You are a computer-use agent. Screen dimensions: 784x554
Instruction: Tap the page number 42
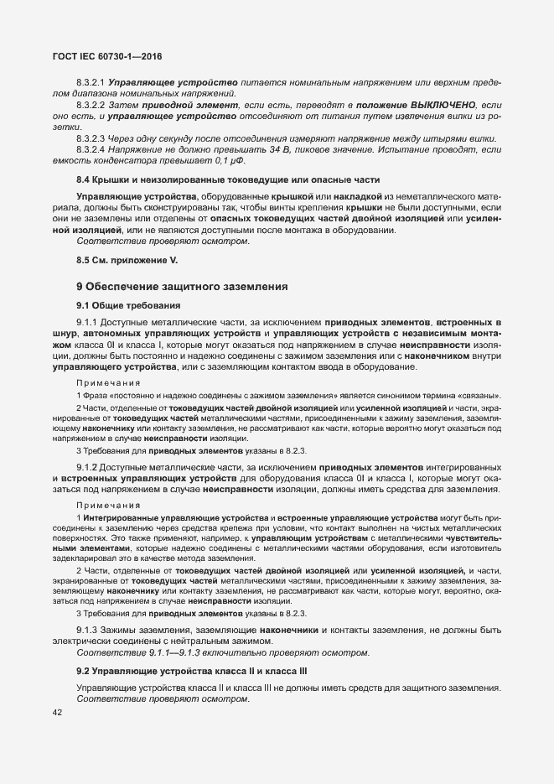57,712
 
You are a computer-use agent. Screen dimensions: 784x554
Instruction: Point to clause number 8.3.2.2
90,106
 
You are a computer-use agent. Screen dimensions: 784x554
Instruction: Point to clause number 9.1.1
87,322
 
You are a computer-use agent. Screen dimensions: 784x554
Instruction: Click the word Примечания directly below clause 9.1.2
108,506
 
